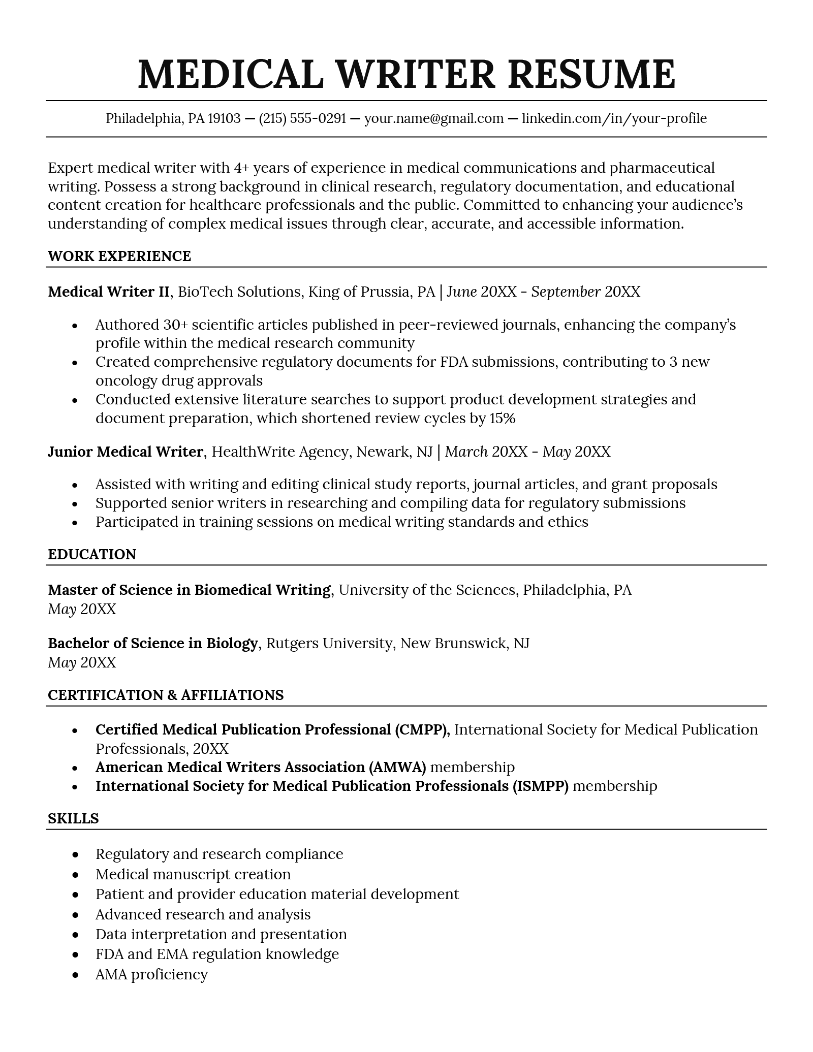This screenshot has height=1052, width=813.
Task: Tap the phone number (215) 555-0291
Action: [302, 119]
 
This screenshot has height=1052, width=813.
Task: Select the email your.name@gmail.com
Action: [434, 119]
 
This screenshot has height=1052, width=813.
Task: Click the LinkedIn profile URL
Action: [614, 119]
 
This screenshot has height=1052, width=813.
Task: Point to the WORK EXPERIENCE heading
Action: [119, 256]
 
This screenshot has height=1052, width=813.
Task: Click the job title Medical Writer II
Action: [108, 292]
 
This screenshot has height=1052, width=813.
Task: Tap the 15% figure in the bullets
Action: [502, 418]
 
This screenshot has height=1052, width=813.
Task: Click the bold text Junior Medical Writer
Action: [125, 452]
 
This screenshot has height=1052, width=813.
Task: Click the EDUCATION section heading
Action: [92, 554]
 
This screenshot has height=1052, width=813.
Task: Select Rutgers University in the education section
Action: [330, 644]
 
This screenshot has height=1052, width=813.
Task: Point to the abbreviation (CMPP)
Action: [422, 730]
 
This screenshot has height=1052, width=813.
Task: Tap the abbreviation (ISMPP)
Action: [541, 786]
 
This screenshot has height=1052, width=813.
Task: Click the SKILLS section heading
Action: [73, 818]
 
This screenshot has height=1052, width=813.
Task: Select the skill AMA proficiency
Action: [151, 974]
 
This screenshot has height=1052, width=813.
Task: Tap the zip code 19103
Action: [224, 119]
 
